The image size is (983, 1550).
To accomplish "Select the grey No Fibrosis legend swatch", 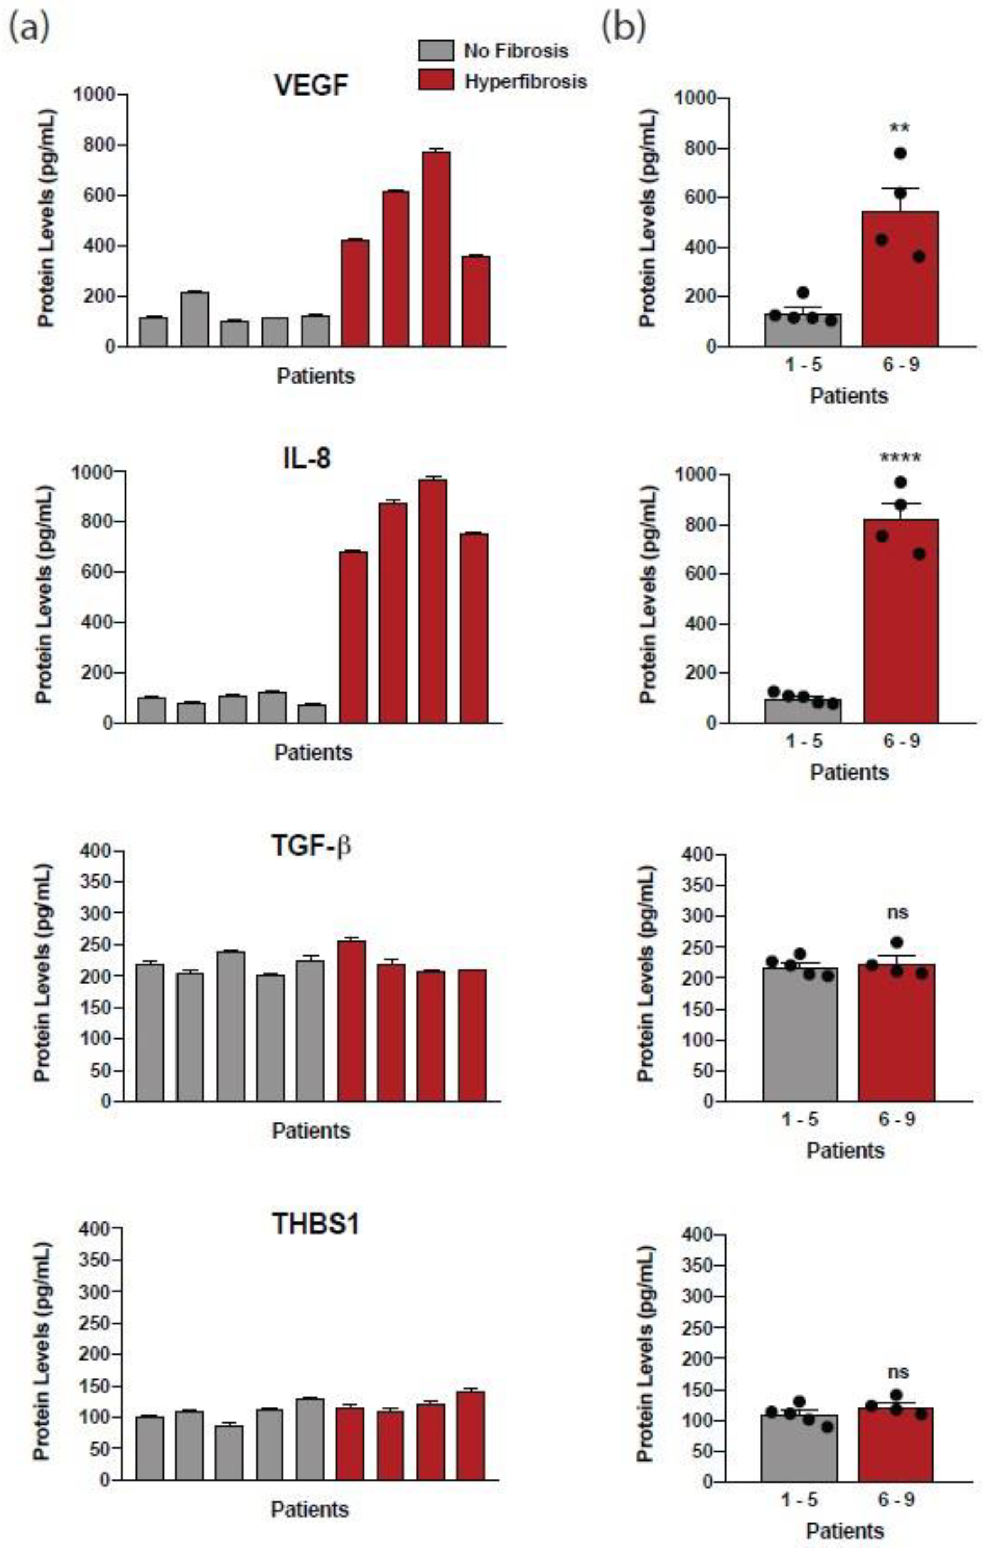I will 435,50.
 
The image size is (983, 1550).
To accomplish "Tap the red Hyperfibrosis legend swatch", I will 435,81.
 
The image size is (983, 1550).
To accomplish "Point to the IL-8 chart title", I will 307,458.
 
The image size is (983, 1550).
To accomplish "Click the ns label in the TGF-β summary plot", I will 898,912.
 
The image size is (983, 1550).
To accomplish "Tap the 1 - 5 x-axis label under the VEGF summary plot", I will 803,365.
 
